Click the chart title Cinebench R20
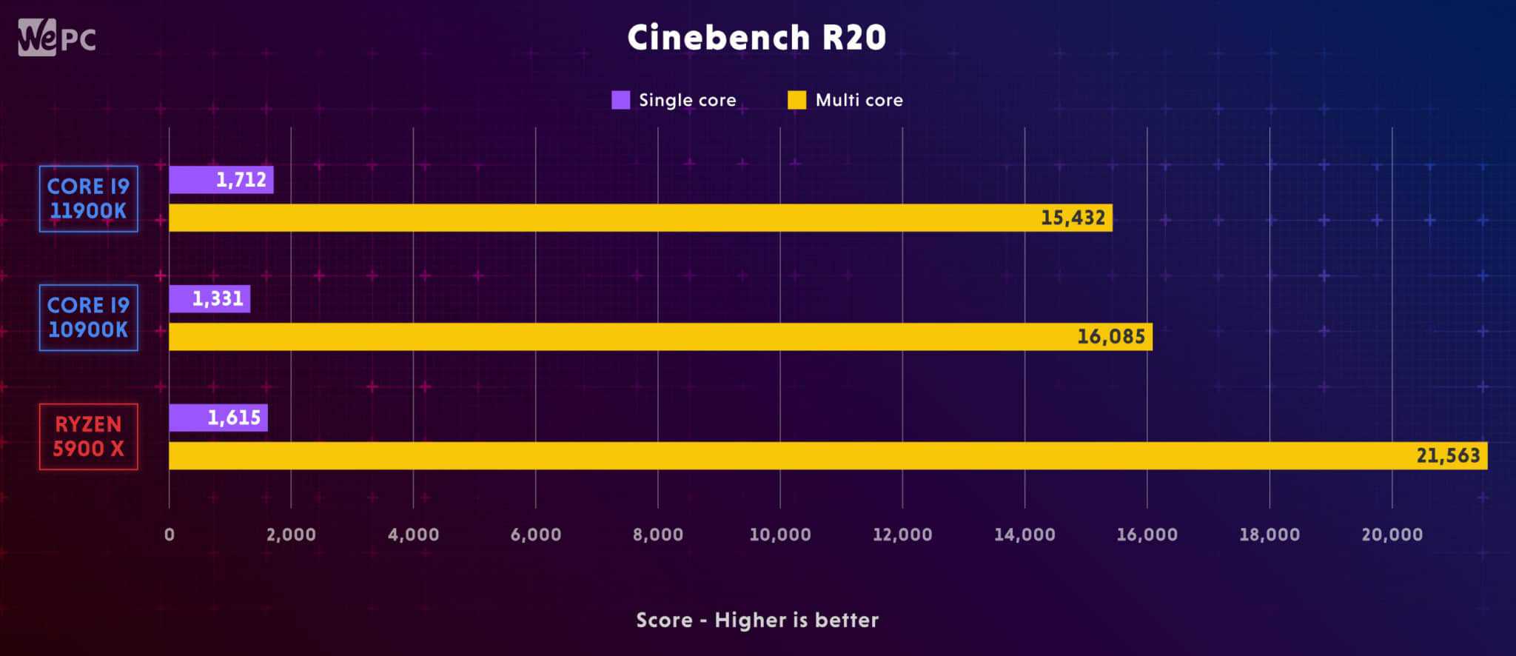pos(757,37)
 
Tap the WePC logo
pos(57,37)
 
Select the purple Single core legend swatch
pos(620,100)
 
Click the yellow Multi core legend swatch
pos(796,100)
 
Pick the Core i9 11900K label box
pos(88,198)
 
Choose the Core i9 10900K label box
pos(88,318)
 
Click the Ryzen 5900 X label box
pos(88,436)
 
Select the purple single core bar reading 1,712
pos(221,180)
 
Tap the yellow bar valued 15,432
pos(640,218)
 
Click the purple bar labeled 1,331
pos(209,299)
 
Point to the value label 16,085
pos(1110,337)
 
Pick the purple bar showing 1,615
pos(218,418)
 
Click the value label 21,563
pos(1448,455)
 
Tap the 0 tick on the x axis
pos(170,535)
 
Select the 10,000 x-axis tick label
pos(780,535)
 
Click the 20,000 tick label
pos(1392,535)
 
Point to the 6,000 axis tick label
pos(536,535)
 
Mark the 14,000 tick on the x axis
pos(1024,535)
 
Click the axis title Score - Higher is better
pos(757,620)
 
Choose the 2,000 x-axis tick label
pos(291,535)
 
